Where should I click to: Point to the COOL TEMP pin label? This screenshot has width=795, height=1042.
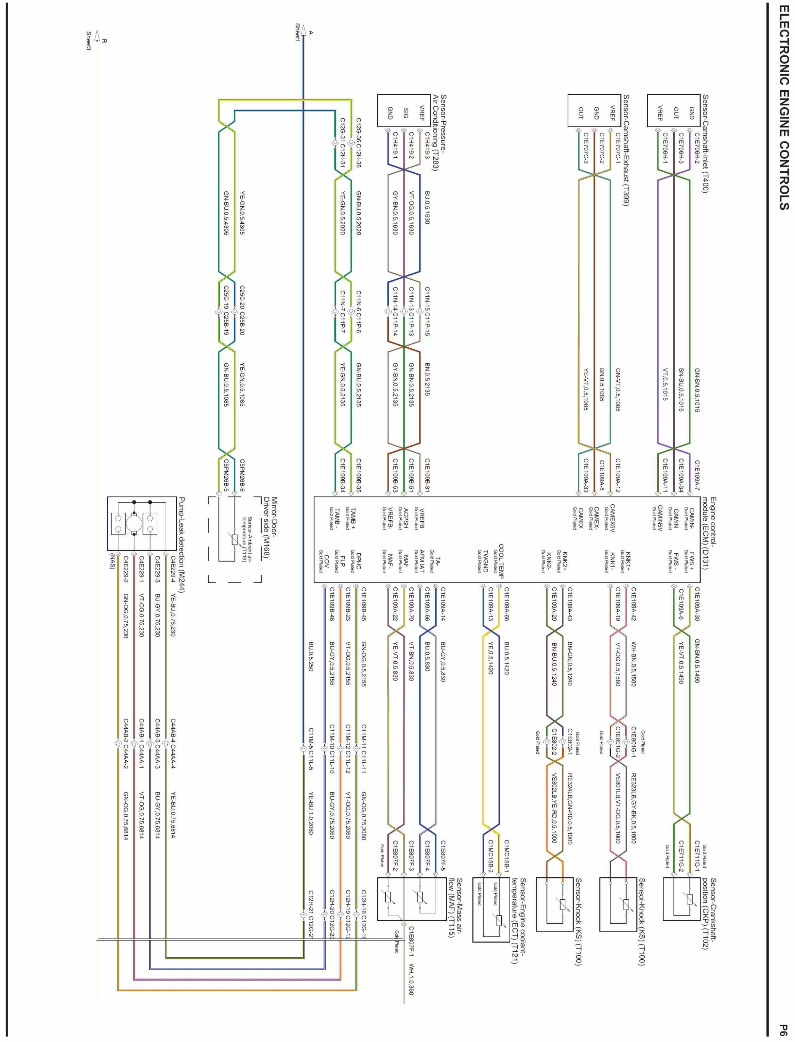[501, 561]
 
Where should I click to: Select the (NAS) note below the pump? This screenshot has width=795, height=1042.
[112, 562]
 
